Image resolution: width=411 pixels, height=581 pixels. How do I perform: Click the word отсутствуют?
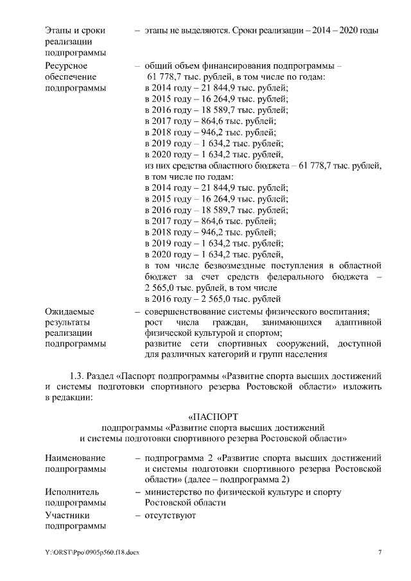point(170,515)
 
